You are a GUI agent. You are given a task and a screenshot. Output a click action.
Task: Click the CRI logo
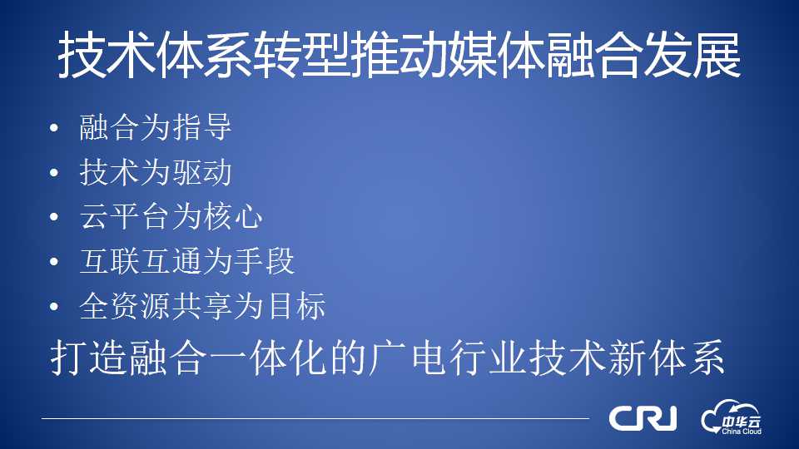(643, 418)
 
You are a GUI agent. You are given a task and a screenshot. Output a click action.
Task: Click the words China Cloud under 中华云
(742, 432)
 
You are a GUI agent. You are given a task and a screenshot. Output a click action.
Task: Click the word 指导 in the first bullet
(202, 126)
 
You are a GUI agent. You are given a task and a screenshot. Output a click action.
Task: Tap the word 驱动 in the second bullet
(202, 172)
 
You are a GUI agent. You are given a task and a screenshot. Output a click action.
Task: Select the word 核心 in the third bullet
(233, 216)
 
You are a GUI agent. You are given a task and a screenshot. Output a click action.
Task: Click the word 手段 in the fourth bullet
(265, 261)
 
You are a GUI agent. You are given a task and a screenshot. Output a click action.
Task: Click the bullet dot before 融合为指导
(55, 128)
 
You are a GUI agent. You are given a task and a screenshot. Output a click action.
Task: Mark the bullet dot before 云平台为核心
(55, 217)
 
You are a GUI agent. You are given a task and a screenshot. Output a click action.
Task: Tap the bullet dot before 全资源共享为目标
(55, 307)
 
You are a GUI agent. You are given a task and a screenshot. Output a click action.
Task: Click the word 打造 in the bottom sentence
(88, 358)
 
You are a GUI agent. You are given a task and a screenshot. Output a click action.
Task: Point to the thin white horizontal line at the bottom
(315, 418)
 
